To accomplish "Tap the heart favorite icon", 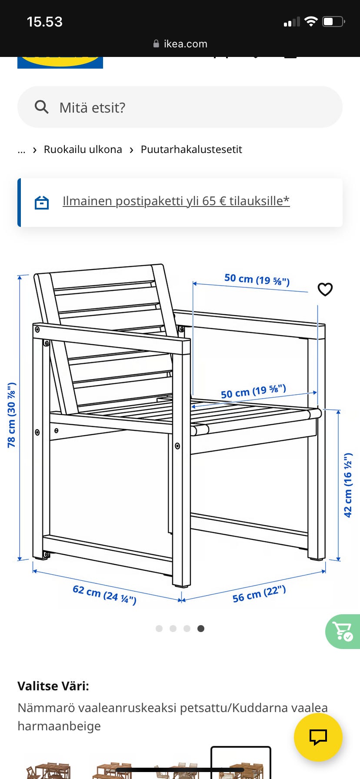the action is [x=325, y=289].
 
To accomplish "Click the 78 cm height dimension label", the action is [x=12, y=415].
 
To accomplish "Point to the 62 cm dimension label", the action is [x=104, y=595].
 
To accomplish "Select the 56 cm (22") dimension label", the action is [x=259, y=594].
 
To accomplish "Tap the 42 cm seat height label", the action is [x=348, y=485].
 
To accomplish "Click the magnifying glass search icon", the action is [x=41, y=107].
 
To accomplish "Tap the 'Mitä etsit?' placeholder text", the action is [x=92, y=107].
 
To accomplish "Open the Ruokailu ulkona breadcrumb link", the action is [x=83, y=150].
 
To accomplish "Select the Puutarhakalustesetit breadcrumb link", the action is [x=191, y=150].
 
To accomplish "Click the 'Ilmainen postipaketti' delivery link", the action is [x=176, y=201].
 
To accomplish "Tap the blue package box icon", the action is [x=42, y=202].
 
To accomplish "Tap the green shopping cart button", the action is [x=343, y=631].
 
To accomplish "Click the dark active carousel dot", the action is [x=201, y=629].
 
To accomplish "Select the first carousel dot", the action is [x=159, y=629].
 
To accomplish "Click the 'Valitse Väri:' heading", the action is [x=53, y=686].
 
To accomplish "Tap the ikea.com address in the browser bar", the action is [x=186, y=44].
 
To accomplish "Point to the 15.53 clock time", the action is [x=44, y=22].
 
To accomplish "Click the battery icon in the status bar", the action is [x=333, y=21].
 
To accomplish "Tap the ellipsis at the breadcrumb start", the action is [x=21, y=151].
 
